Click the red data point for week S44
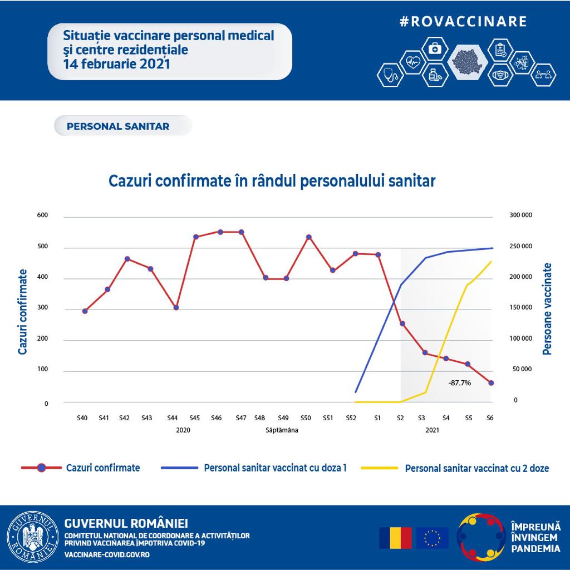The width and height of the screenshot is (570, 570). tap(176, 307)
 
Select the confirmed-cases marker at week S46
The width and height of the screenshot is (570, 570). tap(220, 232)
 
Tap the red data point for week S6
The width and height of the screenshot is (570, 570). tap(491, 383)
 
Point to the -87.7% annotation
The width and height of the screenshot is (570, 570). tap(460, 383)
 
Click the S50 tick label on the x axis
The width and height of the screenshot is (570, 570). tap(305, 417)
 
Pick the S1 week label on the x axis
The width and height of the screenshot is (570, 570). tap(377, 417)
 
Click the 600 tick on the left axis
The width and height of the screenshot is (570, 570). tap(42, 215)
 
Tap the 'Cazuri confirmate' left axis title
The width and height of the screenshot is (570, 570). tap(23, 312)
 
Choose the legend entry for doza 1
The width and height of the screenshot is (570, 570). tap(275, 468)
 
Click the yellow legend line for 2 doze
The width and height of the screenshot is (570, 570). tap(380, 468)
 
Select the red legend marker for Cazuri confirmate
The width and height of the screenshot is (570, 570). tap(41, 468)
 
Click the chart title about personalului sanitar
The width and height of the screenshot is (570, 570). tap(272, 181)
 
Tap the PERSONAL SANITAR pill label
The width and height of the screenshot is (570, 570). tap(118, 126)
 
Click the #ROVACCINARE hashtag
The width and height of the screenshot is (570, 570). tap(463, 21)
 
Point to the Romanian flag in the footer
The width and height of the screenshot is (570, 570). tap(395, 538)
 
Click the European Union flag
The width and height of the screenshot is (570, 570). tap(433, 538)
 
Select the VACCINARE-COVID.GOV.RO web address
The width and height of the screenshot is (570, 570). tap(107, 555)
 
